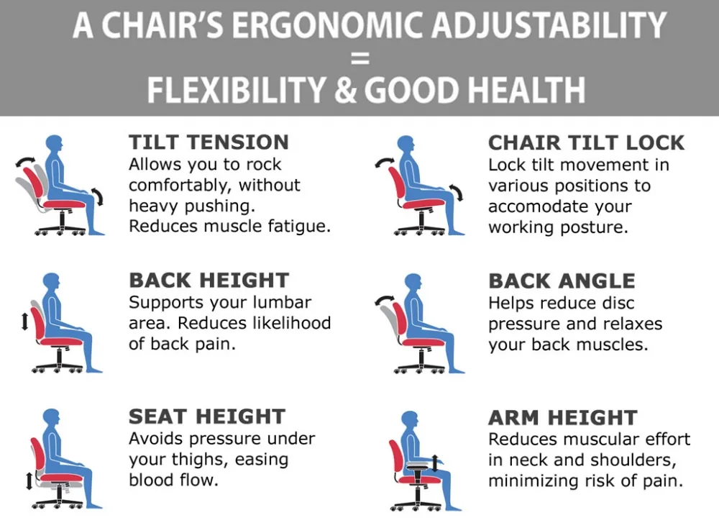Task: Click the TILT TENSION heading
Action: click(209, 142)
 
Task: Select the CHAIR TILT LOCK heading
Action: click(586, 142)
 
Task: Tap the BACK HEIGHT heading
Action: click(209, 281)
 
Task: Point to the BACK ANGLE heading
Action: click(562, 281)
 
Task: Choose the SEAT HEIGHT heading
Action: click(207, 417)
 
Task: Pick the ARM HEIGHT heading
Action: click(563, 417)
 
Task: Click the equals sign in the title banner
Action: click(360, 58)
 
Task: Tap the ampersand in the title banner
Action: click(345, 90)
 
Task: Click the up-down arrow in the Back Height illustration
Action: click(24, 319)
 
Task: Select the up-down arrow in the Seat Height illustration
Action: click(29, 481)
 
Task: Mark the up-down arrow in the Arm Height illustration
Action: click(435, 463)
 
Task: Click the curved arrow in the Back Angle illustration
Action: click(384, 300)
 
